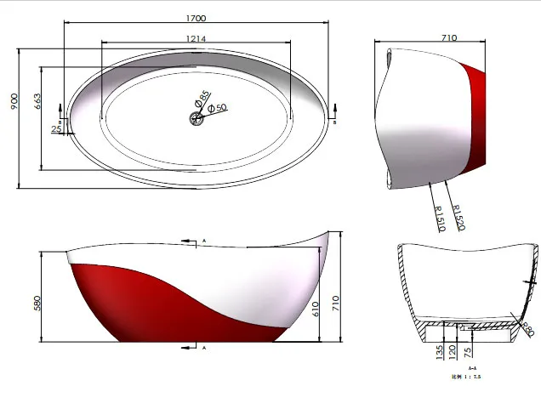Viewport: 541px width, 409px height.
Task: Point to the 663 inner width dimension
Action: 37,103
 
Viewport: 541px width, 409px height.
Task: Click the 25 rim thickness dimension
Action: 56,129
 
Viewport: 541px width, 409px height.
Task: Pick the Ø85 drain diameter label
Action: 203,99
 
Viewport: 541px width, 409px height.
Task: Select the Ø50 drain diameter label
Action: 217,108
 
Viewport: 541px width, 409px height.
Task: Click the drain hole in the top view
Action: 197,119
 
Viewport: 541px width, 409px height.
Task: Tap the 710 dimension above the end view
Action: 450,37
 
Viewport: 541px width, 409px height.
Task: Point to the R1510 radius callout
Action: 440,219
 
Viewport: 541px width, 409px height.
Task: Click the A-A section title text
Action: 459,367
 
